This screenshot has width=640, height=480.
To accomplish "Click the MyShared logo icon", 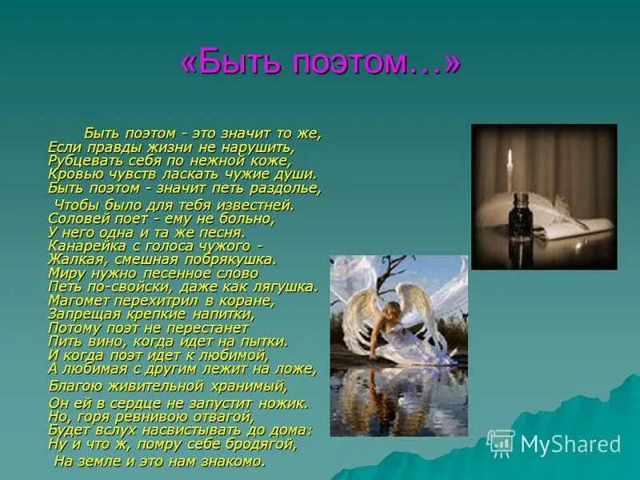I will (x=501, y=443).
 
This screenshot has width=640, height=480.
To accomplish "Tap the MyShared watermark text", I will (x=570, y=444).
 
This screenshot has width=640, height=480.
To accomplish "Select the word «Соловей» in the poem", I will (x=76, y=217).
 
